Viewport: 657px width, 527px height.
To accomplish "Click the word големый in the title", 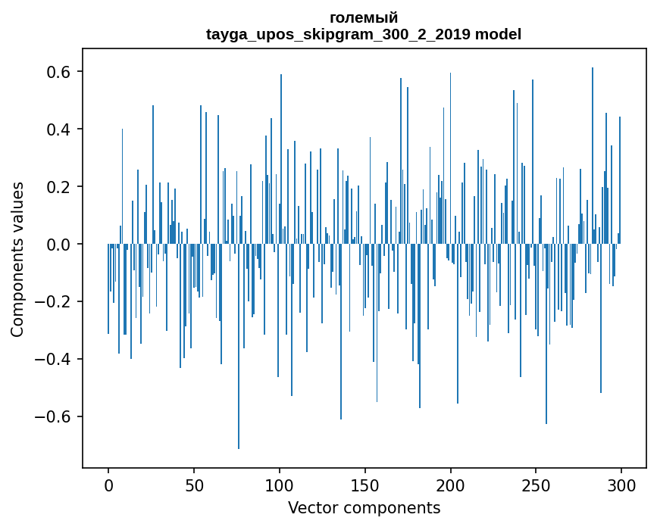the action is tap(364, 18).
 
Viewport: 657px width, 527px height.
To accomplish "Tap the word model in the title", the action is tap(498, 34).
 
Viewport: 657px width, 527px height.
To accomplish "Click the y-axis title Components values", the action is tap(17, 260).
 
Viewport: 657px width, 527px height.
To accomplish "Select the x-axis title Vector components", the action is tap(364, 508).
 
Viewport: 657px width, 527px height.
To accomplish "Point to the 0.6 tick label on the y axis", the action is tap(58, 72).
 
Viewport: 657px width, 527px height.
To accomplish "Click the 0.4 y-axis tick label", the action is tap(58, 129).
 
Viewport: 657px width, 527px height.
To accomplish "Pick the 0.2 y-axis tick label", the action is tap(58, 187).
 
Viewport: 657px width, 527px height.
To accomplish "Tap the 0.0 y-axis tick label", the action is tap(58, 244).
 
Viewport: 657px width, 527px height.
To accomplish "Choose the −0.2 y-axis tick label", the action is tap(52, 301).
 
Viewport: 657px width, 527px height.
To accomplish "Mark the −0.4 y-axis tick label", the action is tap(52, 359).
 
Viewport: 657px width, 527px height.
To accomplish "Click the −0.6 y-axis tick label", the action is tap(52, 416).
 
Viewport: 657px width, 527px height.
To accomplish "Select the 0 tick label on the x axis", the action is tap(108, 485).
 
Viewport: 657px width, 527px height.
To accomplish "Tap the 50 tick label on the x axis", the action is tap(194, 485).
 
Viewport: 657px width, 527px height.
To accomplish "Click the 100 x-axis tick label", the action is tap(280, 485).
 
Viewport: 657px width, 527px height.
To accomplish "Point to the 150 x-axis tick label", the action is tap(365, 485).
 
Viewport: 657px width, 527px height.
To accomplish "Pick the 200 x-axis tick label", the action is tap(450, 485).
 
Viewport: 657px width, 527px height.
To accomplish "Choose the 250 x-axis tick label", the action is tap(536, 485).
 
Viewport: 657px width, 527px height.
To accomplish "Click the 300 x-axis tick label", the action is tap(621, 485).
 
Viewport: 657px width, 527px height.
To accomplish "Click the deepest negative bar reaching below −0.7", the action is tap(239, 346).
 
